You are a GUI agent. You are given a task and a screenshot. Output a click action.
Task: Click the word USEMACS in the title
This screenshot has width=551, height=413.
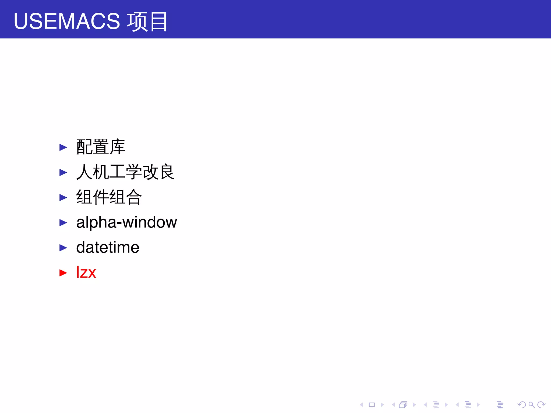67,21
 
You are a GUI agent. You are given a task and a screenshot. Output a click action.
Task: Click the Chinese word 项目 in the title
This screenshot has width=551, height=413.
147,22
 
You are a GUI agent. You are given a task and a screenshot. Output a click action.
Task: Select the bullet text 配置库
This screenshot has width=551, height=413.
101,147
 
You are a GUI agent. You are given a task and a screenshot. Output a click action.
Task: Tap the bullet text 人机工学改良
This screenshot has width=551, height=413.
125,172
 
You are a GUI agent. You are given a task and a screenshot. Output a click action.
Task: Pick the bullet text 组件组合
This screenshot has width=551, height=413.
109,197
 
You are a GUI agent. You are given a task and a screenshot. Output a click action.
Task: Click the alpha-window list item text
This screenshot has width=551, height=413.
126,222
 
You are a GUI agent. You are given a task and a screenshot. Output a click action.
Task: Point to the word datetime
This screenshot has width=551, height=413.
108,247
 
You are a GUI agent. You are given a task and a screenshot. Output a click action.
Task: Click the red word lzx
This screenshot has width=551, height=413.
86,272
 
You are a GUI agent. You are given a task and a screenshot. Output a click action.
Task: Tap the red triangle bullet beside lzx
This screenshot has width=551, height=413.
63,273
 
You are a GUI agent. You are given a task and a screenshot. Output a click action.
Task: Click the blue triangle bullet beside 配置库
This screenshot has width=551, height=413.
63,147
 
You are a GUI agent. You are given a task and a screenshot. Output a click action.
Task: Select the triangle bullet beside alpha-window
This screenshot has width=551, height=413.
63,223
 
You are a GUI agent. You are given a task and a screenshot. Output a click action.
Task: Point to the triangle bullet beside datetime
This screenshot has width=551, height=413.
63,248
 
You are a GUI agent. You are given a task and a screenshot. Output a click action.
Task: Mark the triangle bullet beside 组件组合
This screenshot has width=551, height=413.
63,198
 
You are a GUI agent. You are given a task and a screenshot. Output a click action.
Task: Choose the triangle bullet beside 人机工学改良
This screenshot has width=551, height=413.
63,172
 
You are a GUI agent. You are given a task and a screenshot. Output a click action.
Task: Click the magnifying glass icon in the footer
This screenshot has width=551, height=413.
531,405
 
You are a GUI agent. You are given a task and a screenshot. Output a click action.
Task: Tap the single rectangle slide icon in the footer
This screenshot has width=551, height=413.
372,405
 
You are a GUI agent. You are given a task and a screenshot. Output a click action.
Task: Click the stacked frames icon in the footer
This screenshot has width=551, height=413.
403,405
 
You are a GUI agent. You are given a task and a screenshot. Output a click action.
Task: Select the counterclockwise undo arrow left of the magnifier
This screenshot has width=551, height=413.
521,405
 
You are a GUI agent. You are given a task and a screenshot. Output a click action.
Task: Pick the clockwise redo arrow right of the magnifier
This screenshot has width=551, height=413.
541,405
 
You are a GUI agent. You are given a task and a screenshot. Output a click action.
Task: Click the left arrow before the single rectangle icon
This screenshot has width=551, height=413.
362,405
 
